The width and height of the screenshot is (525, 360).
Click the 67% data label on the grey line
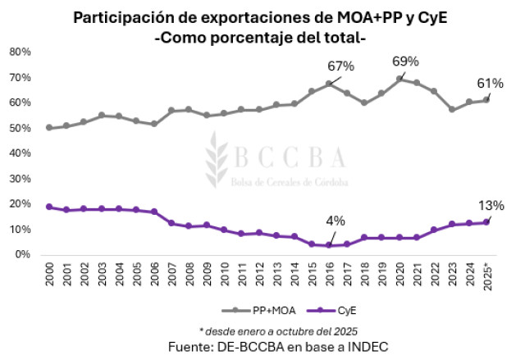tap(340, 66)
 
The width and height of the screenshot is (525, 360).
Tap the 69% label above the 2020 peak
tap(405, 61)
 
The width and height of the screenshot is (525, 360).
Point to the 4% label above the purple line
tap(336, 220)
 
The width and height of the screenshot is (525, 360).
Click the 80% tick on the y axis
tap(20, 52)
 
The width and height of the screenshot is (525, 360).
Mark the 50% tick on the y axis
tap(20, 128)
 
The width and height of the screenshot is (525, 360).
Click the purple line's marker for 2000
tap(49, 207)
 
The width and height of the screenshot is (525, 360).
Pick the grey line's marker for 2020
tap(399, 79)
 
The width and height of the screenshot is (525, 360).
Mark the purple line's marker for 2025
tap(487, 222)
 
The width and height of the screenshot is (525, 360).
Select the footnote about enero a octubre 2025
tap(267, 331)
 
